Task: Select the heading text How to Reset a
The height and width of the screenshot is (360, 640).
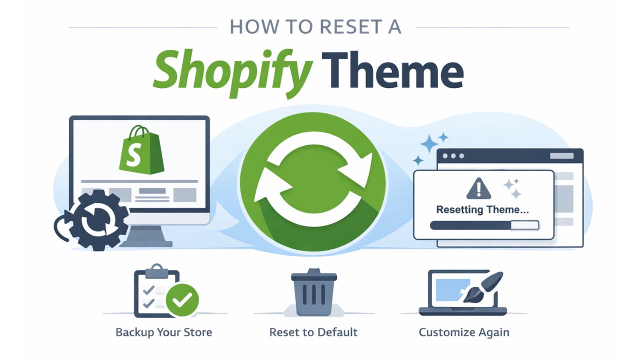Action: [315, 27]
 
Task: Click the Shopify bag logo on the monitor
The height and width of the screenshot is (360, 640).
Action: [141, 150]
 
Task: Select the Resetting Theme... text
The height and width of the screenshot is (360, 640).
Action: [482, 210]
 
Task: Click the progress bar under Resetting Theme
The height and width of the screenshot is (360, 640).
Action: [484, 225]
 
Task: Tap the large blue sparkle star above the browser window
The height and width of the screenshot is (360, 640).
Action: [429, 143]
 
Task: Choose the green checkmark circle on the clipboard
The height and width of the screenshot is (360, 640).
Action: [182, 300]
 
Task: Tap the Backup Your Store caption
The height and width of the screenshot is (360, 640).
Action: [164, 332]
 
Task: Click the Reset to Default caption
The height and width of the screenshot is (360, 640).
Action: [313, 332]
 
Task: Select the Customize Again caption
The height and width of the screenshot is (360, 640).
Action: [464, 332]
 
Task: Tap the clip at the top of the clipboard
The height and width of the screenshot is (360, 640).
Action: [156, 270]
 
